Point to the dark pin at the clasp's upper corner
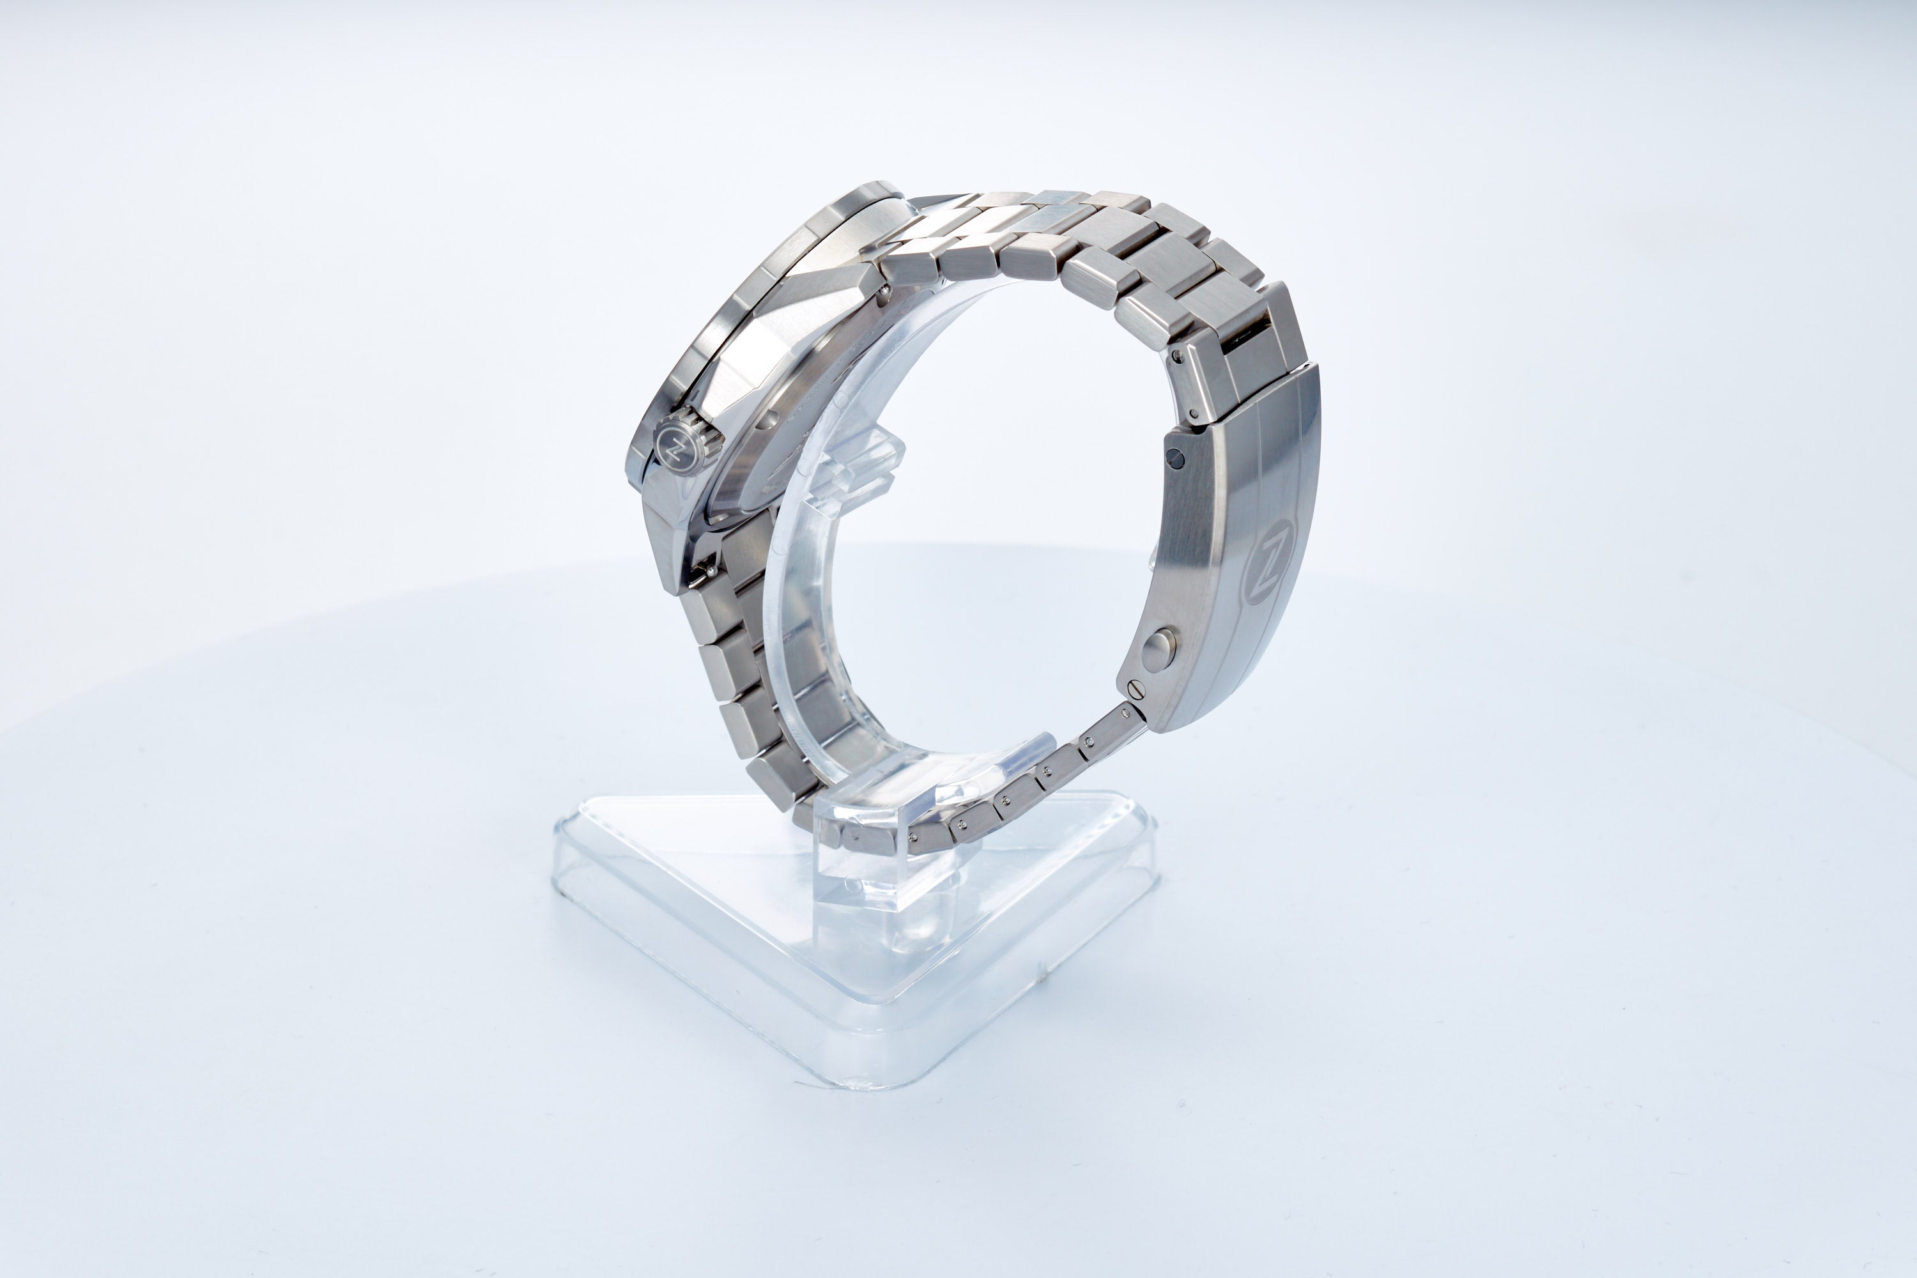tap(1174, 456)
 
